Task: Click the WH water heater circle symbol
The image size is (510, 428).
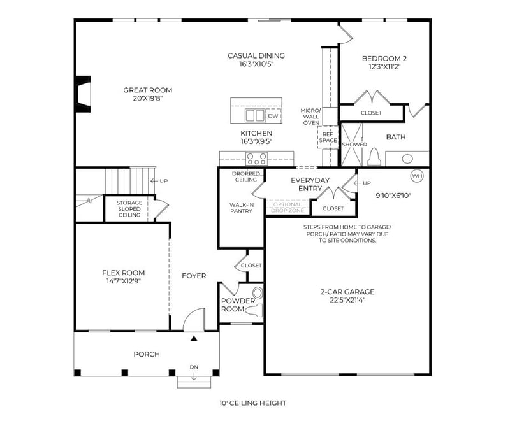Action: click(417, 176)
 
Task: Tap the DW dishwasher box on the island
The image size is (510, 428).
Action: click(273, 116)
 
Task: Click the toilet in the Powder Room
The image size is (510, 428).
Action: click(256, 310)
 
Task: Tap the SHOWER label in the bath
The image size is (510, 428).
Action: click(354, 145)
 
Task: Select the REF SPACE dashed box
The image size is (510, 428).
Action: click(328, 137)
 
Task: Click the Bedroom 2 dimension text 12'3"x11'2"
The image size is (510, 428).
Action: click(384, 66)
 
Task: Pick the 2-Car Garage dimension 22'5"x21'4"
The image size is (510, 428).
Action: click(347, 301)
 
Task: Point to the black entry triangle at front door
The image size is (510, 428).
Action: click(194, 339)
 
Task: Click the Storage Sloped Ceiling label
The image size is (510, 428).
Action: click(129, 210)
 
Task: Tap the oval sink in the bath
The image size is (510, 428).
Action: click(407, 159)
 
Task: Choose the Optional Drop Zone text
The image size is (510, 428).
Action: click(287, 207)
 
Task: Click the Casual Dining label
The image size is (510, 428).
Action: click(256, 55)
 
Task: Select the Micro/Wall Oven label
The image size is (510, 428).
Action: click(310, 117)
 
